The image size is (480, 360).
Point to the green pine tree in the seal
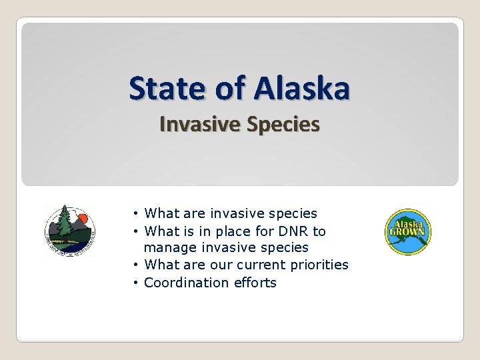click(65, 223)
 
